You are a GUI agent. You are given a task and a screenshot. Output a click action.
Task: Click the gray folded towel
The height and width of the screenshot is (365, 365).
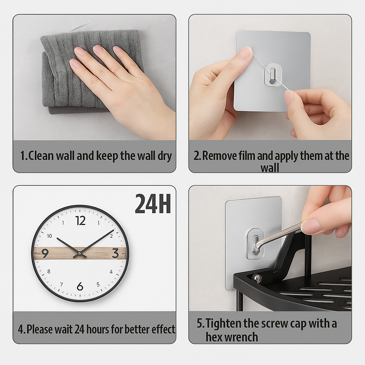click(x=64, y=71)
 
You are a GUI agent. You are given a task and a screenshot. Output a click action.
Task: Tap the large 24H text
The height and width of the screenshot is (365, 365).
click(x=153, y=204)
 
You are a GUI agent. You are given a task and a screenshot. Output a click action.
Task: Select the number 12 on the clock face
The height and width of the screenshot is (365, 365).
click(x=81, y=221)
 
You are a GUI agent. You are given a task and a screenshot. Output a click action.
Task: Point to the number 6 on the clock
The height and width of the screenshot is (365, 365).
click(x=80, y=286)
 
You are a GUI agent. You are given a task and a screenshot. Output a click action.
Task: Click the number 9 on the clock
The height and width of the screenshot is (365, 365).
click(x=45, y=253)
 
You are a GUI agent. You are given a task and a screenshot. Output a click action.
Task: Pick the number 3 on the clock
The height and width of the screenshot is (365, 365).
click(x=115, y=253)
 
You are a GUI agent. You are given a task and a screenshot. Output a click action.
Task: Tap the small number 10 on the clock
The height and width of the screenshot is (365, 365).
click(x=49, y=236)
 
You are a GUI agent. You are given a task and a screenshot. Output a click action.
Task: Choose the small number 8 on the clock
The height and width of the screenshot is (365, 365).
click(x=49, y=271)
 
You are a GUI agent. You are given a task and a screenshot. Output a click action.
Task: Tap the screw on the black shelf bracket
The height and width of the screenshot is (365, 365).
click(x=257, y=278)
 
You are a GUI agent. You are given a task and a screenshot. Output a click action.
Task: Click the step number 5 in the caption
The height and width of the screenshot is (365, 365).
click(x=200, y=324)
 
